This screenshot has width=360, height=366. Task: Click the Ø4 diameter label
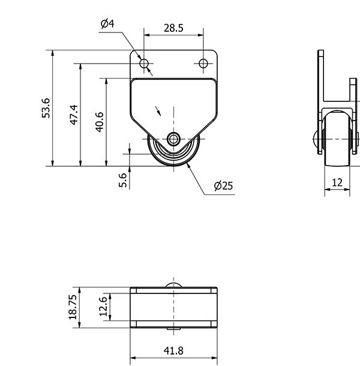pyautogui.click(x=107, y=23)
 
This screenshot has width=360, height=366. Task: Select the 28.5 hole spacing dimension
pyautogui.click(x=173, y=28)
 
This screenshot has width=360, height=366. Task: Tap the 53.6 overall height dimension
pyautogui.click(x=46, y=108)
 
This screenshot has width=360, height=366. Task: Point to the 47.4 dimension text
pyautogui.click(x=74, y=115)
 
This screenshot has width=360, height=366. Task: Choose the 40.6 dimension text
pyautogui.click(x=100, y=122)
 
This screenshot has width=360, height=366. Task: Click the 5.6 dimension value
pyautogui.click(x=123, y=180)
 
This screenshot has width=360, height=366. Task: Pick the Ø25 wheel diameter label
pyautogui.click(x=223, y=186)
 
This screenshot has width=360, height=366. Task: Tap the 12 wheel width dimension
pyautogui.click(x=337, y=182)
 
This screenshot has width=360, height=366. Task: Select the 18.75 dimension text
pyautogui.click(x=73, y=307)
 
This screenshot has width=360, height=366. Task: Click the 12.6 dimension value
pyautogui.click(x=103, y=307)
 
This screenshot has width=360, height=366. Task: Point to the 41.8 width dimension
pyautogui.click(x=173, y=350)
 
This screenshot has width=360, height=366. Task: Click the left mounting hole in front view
pyautogui.click(x=144, y=63)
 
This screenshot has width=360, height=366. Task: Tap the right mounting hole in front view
pyautogui.click(x=203, y=63)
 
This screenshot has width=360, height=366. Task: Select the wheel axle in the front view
pyautogui.click(x=173, y=139)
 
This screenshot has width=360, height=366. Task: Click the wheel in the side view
pyautogui.click(x=337, y=139)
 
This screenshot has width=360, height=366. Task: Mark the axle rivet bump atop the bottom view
pyautogui.click(x=173, y=285)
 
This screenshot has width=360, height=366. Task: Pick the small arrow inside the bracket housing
pyautogui.click(x=158, y=111)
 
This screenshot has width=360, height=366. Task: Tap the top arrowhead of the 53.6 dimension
pyautogui.click(x=53, y=53)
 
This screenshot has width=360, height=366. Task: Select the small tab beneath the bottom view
pyautogui.click(x=173, y=329)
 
